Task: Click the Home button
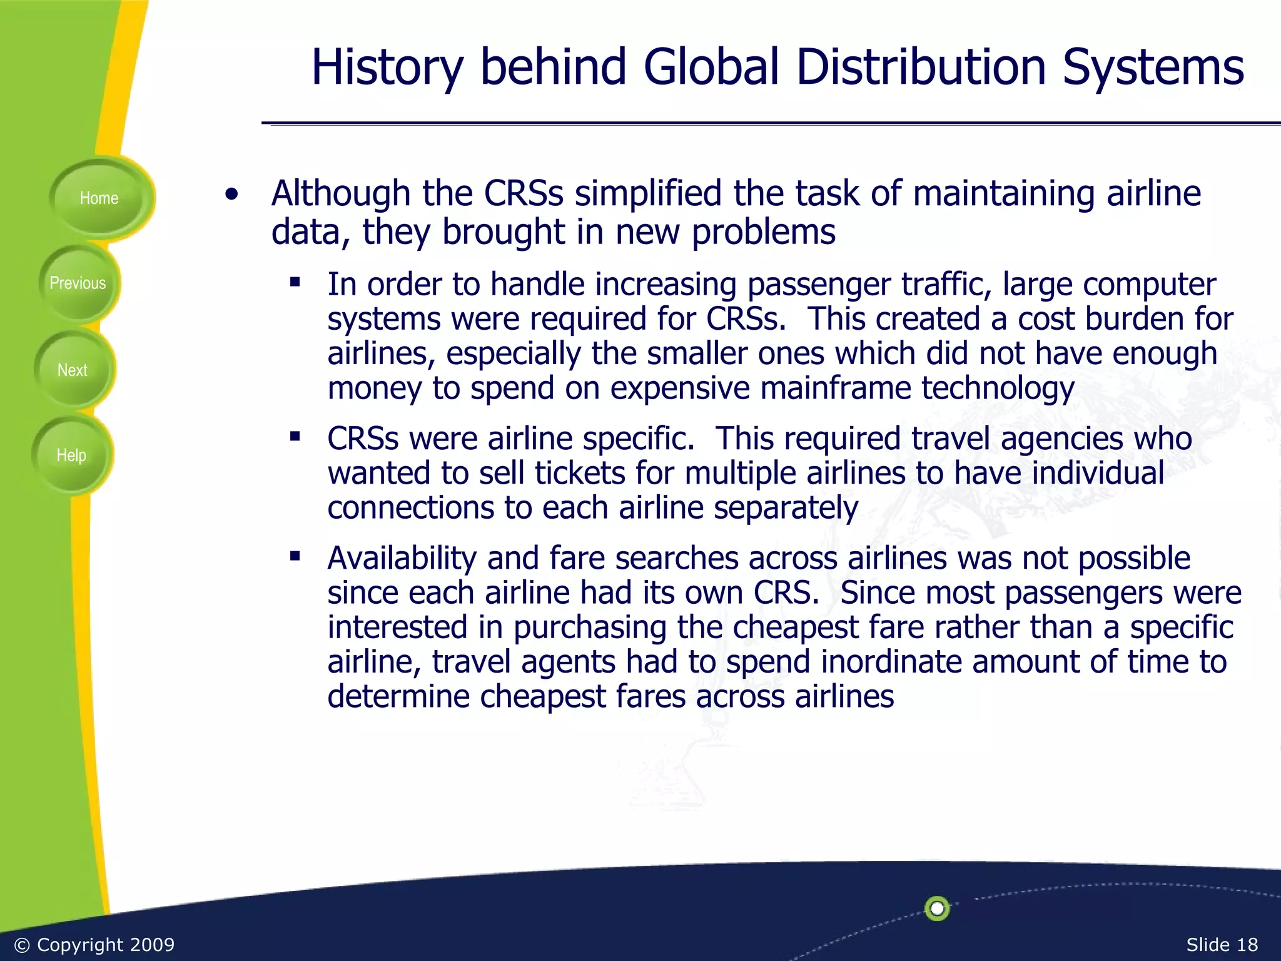[x=99, y=198]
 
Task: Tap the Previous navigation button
[x=78, y=283]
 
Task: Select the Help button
[x=71, y=455]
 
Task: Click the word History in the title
[x=387, y=68]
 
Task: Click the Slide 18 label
[x=1222, y=945]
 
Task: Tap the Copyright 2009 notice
[x=94, y=945]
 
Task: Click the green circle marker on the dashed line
[x=937, y=908]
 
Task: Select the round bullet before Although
[x=232, y=195]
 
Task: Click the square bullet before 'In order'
[x=295, y=282]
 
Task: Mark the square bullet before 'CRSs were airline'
[x=295, y=436]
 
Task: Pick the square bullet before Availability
[x=295, y=556]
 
